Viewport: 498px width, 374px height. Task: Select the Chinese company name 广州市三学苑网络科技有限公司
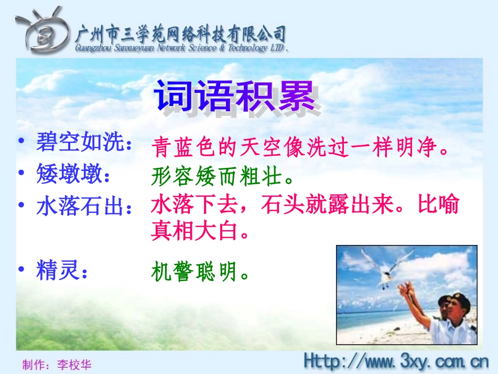coord(181,34)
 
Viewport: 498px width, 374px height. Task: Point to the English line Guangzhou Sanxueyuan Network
coord(181,48)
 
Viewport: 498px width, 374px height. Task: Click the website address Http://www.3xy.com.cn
coord(396,361)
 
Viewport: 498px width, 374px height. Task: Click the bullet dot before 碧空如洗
coord(21,142)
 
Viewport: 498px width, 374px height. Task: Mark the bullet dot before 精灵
coord(21,270)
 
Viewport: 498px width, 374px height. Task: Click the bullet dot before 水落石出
coord(21,205)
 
